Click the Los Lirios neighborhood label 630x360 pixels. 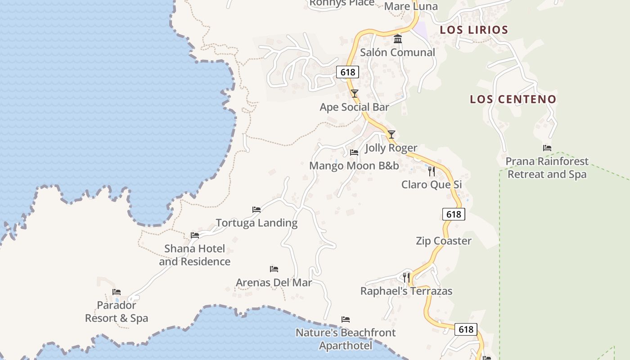[474, 30]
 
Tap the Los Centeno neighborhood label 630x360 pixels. [513, 99]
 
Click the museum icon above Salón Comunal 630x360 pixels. [398, 40]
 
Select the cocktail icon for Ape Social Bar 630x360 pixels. [355, 94]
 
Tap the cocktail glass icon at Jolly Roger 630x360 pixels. [391, 135]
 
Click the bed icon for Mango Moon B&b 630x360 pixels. [354, 153]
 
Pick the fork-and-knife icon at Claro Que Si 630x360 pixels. [431, 171]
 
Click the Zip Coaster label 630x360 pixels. [443, 241]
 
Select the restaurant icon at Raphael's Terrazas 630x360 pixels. [406, 278]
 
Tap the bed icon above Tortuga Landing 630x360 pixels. [256, 210]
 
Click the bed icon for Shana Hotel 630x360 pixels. [195, 235]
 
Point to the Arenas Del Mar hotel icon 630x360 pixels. [274, 270]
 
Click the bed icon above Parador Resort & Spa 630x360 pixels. [117, 292]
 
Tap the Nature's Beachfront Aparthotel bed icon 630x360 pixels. [346, 319]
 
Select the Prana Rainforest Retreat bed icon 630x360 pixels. [547, 148]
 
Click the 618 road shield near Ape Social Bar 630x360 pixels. [347, 72]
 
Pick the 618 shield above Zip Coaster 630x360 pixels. [454, 214]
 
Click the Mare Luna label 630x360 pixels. [411, 6]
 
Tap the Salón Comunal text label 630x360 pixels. [397, 53]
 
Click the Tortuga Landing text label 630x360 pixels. [256, 223]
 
